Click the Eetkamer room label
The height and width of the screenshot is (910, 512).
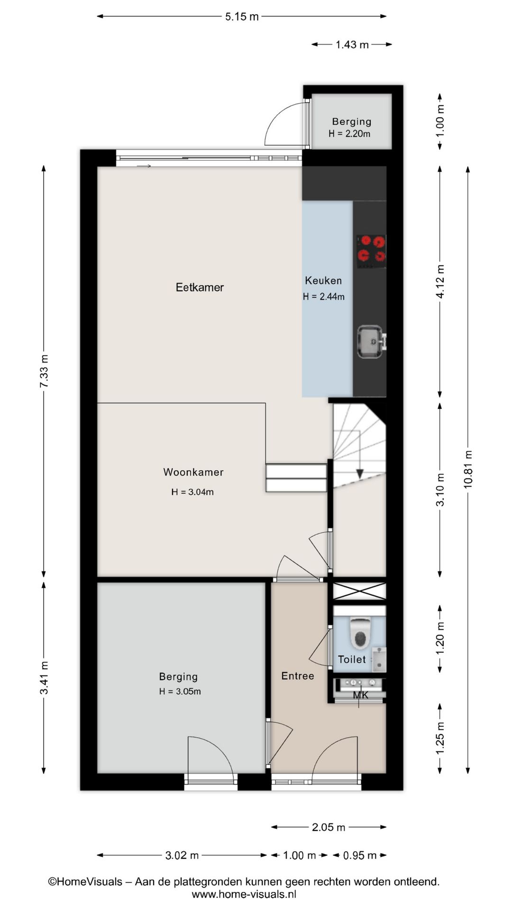200,287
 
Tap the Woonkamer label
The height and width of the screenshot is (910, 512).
193,472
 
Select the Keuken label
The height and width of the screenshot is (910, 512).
323,281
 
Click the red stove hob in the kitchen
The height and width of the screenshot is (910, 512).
371,249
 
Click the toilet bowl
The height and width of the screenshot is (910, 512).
360,632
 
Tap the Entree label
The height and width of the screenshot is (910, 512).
298,676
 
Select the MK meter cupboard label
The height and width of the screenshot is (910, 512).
361,695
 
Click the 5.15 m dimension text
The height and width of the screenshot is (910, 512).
242,17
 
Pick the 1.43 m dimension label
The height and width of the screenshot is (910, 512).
352,45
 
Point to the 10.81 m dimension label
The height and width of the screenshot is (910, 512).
468,469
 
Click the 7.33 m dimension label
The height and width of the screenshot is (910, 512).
44,372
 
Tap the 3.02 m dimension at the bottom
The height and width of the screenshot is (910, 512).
182,855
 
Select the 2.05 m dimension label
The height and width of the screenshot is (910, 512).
329,827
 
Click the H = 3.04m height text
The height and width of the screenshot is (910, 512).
192,492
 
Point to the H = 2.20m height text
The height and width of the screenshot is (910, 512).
349,134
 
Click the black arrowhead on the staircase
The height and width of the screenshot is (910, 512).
359,473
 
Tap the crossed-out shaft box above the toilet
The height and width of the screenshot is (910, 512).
359,591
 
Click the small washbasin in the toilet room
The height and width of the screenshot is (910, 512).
379,659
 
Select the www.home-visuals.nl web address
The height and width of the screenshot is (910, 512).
244,894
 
